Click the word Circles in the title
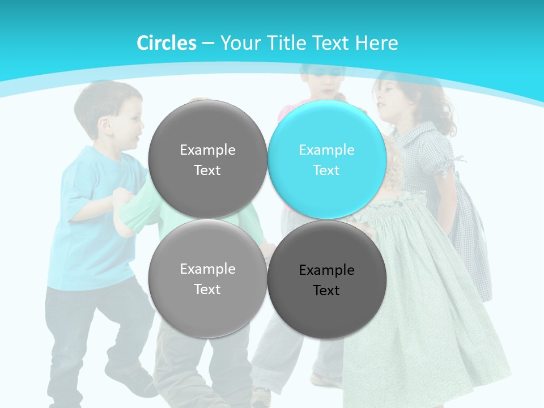coord(166,43)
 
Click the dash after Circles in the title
coord(208,44)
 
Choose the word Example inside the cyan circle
coord(326,150)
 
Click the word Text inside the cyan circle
coord(326,170)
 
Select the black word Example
coord(326,270)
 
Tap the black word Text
coord(326,290)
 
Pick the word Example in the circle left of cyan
coord(207,150)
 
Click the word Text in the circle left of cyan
coord(207,170)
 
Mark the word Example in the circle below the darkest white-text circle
coord(207,269)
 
